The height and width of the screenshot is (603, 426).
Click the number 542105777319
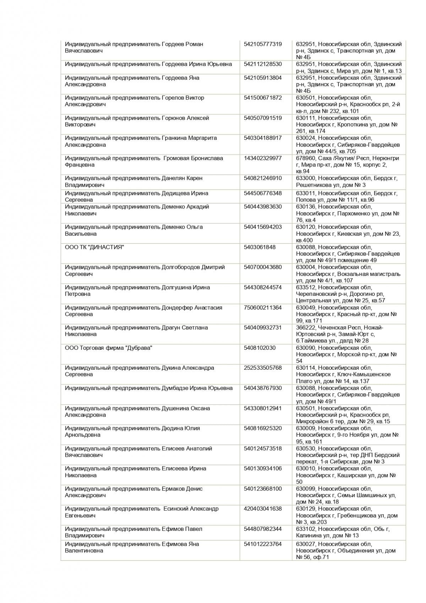263,44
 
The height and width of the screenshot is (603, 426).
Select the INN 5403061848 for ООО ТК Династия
260,247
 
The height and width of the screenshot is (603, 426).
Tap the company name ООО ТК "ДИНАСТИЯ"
94,247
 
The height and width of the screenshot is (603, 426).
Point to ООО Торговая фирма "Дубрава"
108,348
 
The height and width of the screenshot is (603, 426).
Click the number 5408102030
260,348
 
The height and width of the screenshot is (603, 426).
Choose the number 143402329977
263,158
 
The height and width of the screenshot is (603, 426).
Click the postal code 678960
306,158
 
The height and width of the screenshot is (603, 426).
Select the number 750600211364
263,308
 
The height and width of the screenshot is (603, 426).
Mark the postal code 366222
306,327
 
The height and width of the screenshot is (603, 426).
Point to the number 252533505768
263,368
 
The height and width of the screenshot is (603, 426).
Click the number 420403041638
263,509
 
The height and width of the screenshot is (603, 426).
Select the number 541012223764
263,544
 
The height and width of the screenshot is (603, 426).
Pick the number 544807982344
263,529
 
